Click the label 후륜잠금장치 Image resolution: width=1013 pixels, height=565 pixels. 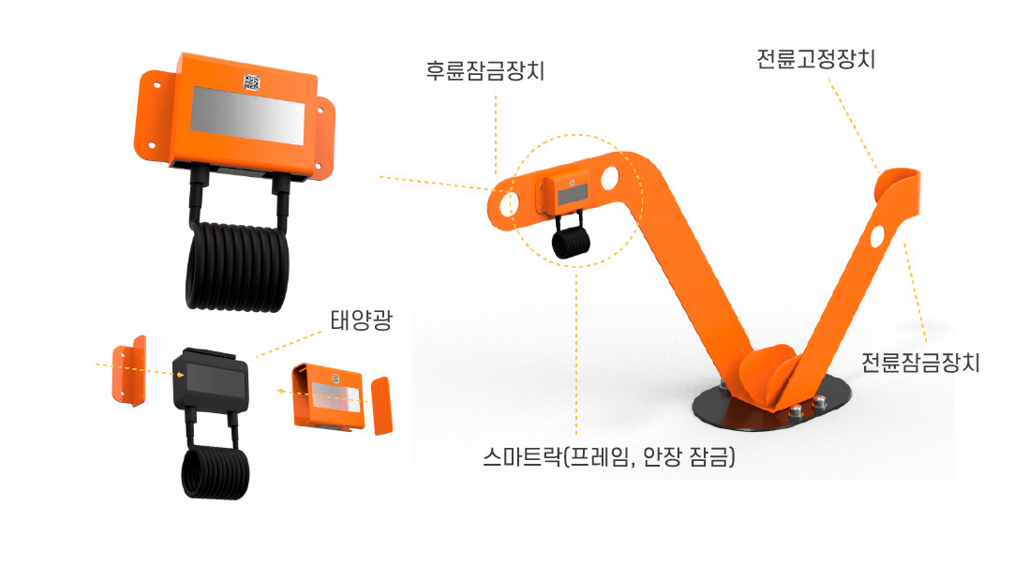click(484, 71)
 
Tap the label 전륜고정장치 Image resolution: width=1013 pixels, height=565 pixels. click(815, 60)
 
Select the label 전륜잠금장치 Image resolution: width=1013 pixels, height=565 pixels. click(920, 362)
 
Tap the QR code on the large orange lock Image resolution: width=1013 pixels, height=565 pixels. click(251, 82)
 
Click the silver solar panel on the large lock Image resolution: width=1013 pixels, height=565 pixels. click(247, 115)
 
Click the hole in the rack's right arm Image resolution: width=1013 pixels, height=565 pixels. click(878, 235)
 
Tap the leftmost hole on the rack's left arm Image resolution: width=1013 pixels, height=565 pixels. click(512, 201)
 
